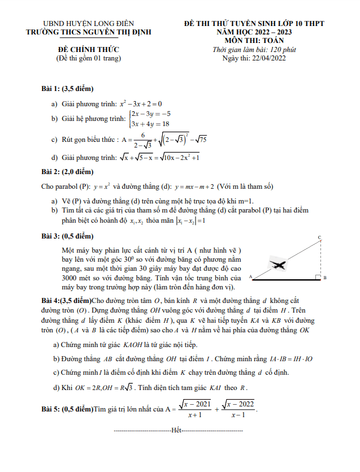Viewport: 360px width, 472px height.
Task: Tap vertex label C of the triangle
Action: pos(320,237)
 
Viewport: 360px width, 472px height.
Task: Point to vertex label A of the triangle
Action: pos(249,277)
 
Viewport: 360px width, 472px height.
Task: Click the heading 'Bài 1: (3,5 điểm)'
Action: pos(67,89)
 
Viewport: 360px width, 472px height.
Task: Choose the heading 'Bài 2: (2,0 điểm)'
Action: pos(67,171)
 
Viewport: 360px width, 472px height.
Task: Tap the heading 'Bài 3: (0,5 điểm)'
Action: pos(67,236)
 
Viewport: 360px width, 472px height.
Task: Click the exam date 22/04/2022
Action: pos(268,58)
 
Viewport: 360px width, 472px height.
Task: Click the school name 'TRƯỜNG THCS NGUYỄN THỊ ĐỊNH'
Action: pos(93,32)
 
